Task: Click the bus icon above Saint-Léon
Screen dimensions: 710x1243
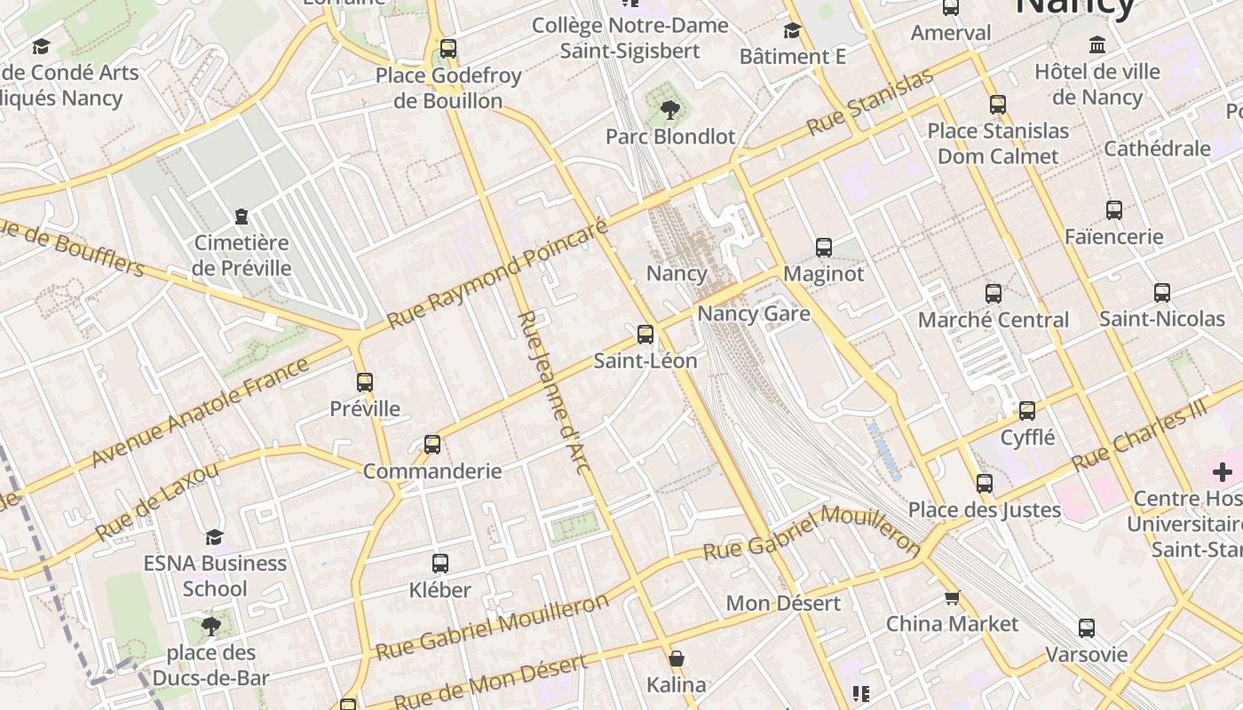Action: (645, 335)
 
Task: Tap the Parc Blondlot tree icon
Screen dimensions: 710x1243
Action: (670, 110)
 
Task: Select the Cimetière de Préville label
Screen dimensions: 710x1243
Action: (241, 255)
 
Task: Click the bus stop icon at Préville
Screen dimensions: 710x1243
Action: (365, 383)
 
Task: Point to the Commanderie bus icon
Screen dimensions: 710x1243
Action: (432, 444)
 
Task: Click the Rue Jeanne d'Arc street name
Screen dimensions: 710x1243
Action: (553, 391)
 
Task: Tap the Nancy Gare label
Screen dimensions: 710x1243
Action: (753, 313)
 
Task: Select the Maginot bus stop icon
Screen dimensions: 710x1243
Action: (824, 248)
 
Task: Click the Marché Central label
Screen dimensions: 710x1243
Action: (993, 319)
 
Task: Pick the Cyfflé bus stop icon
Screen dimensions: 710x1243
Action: (1027, 411)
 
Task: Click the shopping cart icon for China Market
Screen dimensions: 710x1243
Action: (953, 598)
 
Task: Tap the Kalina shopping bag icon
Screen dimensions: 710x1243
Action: (677, 659)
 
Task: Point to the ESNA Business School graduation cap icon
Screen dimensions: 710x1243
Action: (214, 537)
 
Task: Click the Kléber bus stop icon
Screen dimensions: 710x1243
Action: (440, 563)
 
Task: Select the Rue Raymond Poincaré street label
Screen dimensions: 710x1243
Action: (497, 272)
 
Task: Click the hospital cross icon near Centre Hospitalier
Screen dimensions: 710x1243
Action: (1223, 472)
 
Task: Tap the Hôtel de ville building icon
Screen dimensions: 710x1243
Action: (1097, 45)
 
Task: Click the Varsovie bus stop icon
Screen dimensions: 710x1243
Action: (1087, 628)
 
